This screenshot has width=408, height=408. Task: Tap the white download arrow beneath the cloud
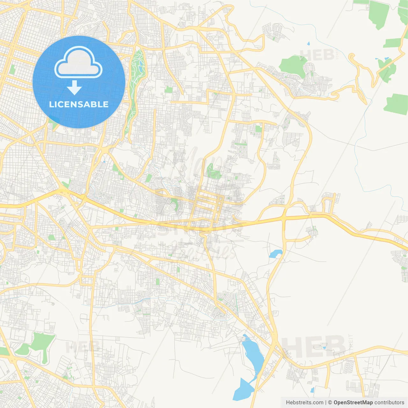[75, 88]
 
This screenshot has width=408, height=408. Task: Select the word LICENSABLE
[79, 104]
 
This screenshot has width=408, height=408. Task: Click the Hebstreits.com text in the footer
[304, 403]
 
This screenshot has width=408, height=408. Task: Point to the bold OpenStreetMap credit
[353, 403]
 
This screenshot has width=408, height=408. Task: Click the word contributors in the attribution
[389, 403]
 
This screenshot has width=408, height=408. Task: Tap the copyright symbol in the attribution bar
[330, 403]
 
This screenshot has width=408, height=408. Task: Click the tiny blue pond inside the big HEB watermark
[324, 347]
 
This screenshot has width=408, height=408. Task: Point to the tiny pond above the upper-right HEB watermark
[308, 43]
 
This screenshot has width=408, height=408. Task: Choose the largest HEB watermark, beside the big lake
[314, 347]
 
